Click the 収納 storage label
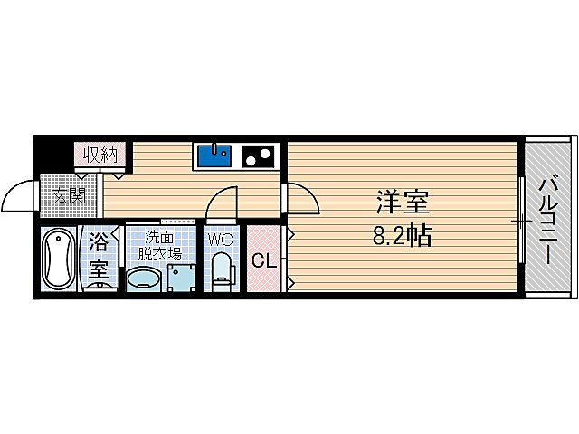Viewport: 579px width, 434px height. pyautogui.click(x=101, y=155)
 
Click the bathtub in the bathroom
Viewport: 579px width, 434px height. pyautogui.click(x=61, y=259)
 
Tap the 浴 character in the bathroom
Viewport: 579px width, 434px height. pyautogui.click(x=99, y=243)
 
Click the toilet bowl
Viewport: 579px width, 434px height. pyautogui.click(x=221, y=271)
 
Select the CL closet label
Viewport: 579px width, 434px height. pyautogui.click(x=264, y=261)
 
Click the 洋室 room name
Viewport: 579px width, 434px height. pyautogui.click(x=402, y=201)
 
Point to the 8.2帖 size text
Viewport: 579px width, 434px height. pyautogui.click(x=402, y=237)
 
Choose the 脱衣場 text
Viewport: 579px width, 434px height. pyautogui.click(x=160, y=252)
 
